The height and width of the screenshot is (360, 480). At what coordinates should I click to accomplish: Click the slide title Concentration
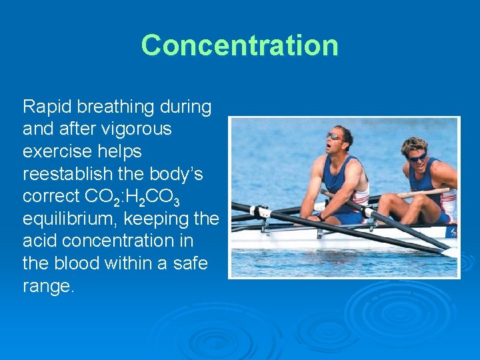click(x=239, y=45)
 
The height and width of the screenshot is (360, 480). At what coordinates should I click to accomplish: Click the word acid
click(x=41, y=241)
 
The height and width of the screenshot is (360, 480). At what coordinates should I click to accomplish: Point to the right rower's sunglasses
click(x=418, y=157)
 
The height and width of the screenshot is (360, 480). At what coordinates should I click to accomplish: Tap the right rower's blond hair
click(x=414, y=144)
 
